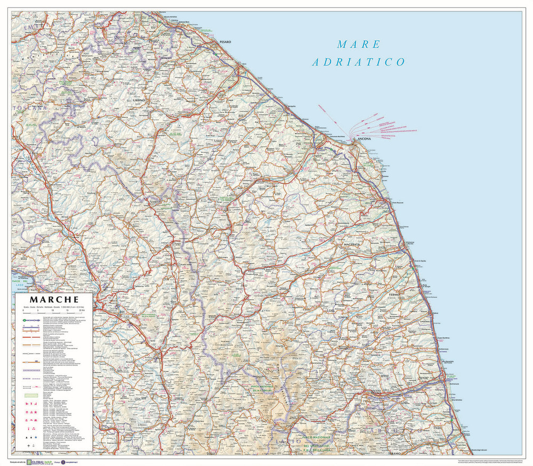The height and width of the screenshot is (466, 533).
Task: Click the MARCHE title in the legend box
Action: click(54, 300)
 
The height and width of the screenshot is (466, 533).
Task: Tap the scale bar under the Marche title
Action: click(54, 312)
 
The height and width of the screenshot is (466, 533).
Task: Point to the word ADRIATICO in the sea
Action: click(359, 62)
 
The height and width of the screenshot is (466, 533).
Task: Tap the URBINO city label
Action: click(140, 100)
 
